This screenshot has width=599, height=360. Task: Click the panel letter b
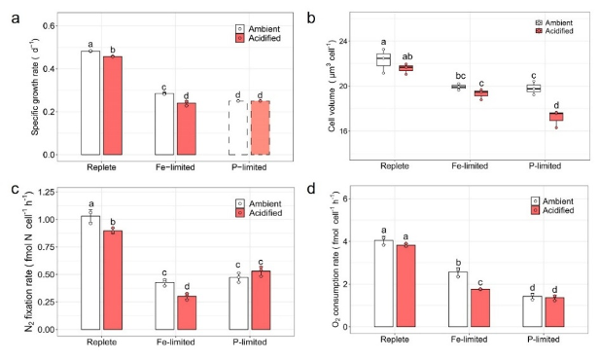(x=310, y=18)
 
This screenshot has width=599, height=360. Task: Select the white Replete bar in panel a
(x=90, y=103)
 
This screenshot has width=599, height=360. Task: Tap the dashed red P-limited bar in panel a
(x=261, y=128)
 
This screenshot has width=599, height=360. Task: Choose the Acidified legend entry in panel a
(x=259, y=38)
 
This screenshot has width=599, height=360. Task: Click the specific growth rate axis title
(x=35, y=87)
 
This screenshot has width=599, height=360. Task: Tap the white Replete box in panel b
(x=383, y=60)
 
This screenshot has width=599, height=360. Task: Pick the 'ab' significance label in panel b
(x=407, y=56)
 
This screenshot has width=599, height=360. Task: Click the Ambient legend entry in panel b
(x=554, y=23)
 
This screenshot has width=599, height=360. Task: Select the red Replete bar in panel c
(x=113, y=280)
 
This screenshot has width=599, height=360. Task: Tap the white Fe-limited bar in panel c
(x=164, y=306)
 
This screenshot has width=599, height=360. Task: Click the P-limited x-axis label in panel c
(x=250, y=342)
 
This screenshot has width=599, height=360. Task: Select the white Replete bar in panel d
(x=383, y=283)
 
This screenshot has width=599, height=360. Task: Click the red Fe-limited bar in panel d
(x=480, y=308)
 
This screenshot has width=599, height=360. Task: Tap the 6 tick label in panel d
(x=339, y=199)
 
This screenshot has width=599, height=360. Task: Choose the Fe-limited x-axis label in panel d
(x=470, y=340)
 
